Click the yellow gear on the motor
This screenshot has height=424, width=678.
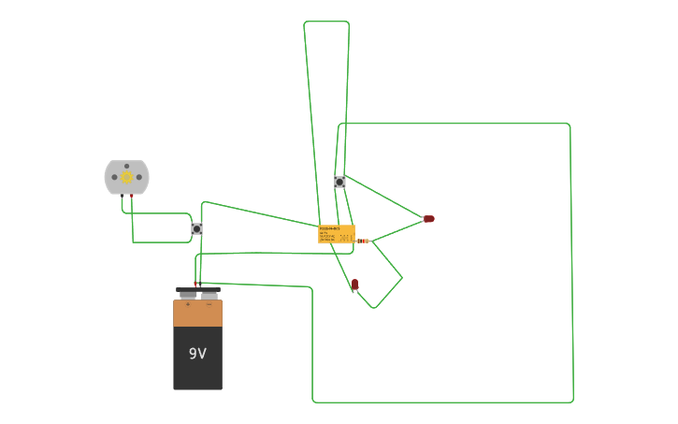click(x=126, y=178)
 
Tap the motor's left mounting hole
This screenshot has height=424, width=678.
click(x=113, y=177)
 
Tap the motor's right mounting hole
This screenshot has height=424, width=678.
click(x=140, y=177)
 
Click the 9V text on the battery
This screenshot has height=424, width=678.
click(x=197, y=354)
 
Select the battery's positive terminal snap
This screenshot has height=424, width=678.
click(x=188, y=293)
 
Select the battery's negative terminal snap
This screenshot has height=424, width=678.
click(x=209, y=293)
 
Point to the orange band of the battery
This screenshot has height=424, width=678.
click(x=197, y=313)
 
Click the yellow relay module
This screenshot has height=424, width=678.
click(x=336, y=234)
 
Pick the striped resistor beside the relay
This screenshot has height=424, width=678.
click(x=362, y=241)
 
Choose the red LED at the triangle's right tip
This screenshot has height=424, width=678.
click(x=428, y=219)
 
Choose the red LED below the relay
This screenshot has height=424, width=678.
click(x=354, y=284)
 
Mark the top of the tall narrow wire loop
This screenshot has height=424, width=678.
click(x=326, y=22)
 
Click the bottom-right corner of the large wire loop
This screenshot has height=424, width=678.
click(x=572, y=402)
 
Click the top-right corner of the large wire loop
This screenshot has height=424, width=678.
click(x=569, y=124)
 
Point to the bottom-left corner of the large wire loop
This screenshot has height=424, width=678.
click(x=313, y=402)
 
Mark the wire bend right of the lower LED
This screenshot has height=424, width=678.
click(x=402, y=277)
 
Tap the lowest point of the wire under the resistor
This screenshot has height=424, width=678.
click(x=374, y=308)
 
